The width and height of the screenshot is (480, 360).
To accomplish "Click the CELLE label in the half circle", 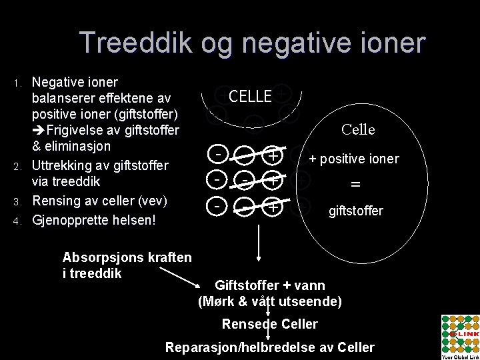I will pyautogui.click(x=250, y=97).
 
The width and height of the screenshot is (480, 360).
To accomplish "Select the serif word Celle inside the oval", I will pyautogui.click(x=359, y=129).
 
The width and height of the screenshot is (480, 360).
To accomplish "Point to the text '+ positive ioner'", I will pyautogui.click(x=353, y=159).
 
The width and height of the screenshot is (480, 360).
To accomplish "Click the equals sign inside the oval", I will pyautogui.click(x=355, y=185).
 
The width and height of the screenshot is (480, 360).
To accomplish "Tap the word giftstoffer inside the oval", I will pyautogui.click(x=355, y=211).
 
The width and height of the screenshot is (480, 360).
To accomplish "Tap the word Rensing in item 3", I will pyautogui.click(x=56, y=201).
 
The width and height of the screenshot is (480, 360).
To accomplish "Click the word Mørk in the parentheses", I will pyautogui.click(x=220, y=302).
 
